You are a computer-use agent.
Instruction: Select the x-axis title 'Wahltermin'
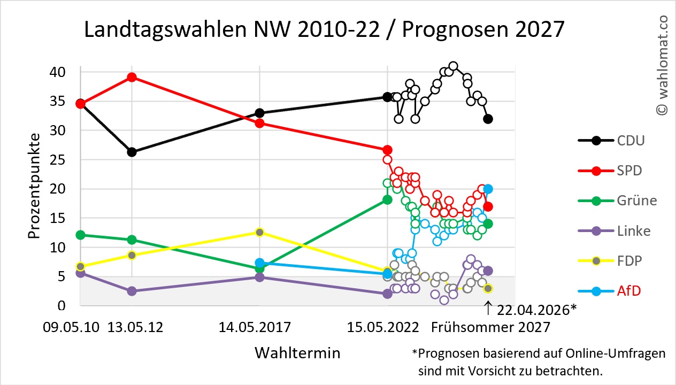click(297, 353)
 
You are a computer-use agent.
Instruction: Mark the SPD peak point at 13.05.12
click(132, 77)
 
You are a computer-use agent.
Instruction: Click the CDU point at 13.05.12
click(132, 152)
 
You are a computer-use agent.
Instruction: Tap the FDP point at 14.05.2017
click(259, 232)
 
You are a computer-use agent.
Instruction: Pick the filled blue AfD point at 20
click(488, 189)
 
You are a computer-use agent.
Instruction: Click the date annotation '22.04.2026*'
click(535, 310)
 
